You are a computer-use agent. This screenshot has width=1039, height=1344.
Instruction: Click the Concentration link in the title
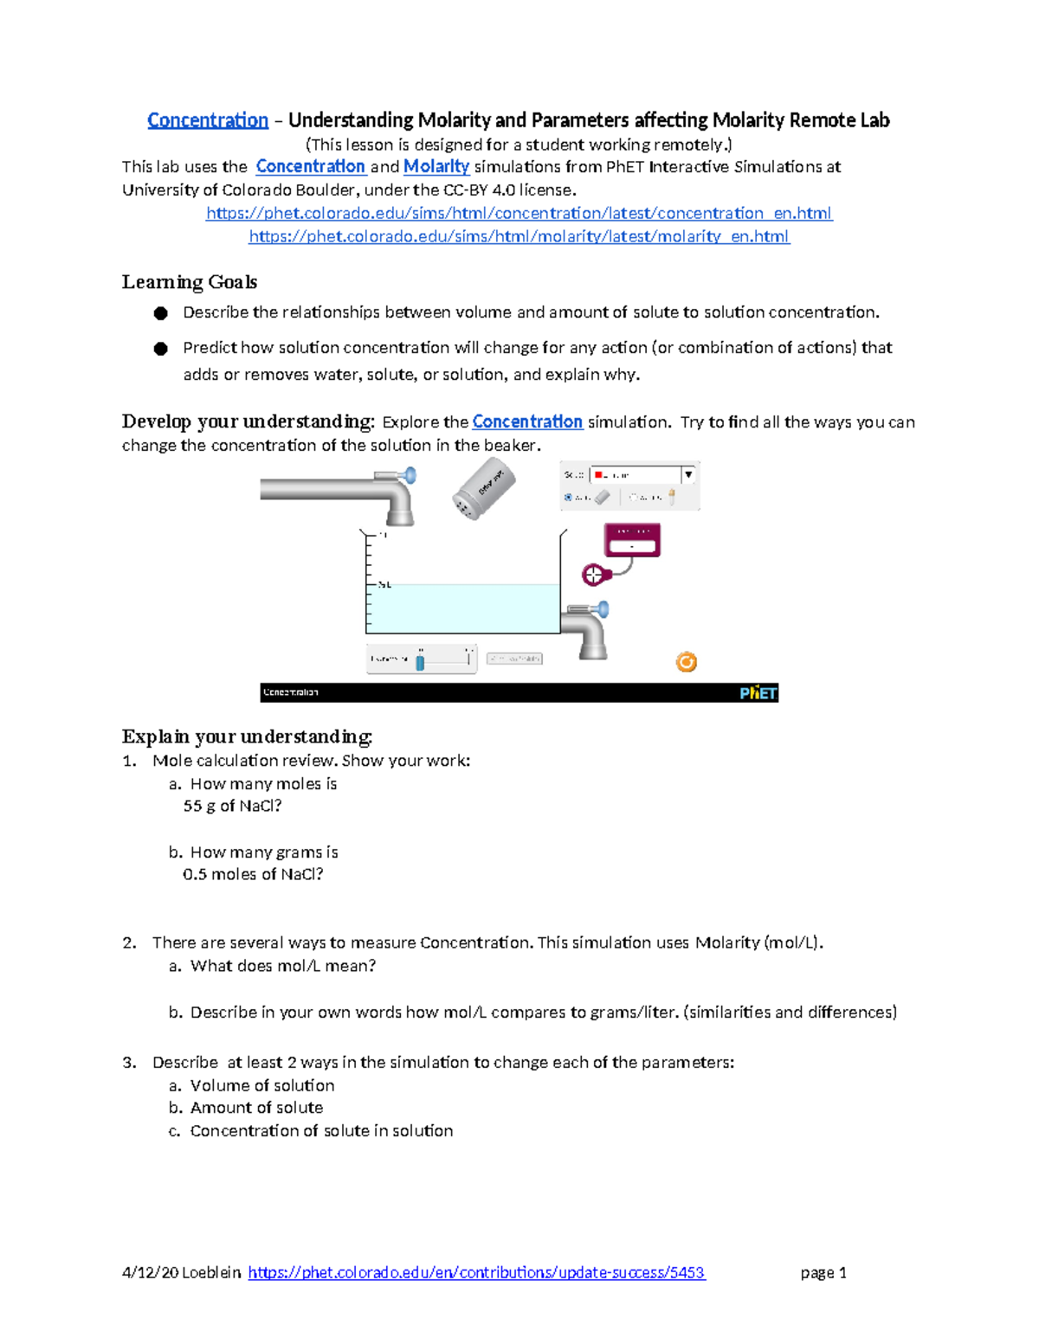tap(208, 120)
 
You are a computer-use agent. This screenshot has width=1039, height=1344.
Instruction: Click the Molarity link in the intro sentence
tap(436, 166)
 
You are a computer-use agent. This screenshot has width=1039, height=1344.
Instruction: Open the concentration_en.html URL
tap(519, 213)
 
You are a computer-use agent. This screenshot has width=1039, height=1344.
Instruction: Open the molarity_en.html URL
tap(519, 236)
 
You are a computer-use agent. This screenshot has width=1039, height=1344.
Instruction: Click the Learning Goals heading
tap(189, 282)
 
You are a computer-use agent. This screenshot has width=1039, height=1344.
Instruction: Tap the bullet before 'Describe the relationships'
tap(161, 313)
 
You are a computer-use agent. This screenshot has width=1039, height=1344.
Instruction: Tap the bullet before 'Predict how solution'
tap(161, 349)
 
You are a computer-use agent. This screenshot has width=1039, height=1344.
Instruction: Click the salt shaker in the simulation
tap(483, 490)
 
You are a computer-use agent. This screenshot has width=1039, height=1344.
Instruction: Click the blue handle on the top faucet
tap(409, 475)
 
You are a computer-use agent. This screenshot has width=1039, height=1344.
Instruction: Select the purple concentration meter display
tap(632, 540)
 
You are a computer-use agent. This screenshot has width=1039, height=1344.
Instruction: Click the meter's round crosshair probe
tap(593, 574)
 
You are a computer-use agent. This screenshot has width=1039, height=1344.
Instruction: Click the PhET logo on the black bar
tap(758, 692)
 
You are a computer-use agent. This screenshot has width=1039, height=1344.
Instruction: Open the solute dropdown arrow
tap(688, 474)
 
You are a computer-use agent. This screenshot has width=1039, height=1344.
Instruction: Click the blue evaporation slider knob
tap(420, 662)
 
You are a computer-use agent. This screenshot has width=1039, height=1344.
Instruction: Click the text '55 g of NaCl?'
tap(232, 806)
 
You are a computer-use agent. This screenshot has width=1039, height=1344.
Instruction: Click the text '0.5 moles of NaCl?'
tap(253, 874)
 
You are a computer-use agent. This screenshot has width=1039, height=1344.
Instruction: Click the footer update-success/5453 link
tap(476, 1272)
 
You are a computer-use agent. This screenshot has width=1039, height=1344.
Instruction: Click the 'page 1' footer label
tap(823, 1272)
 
